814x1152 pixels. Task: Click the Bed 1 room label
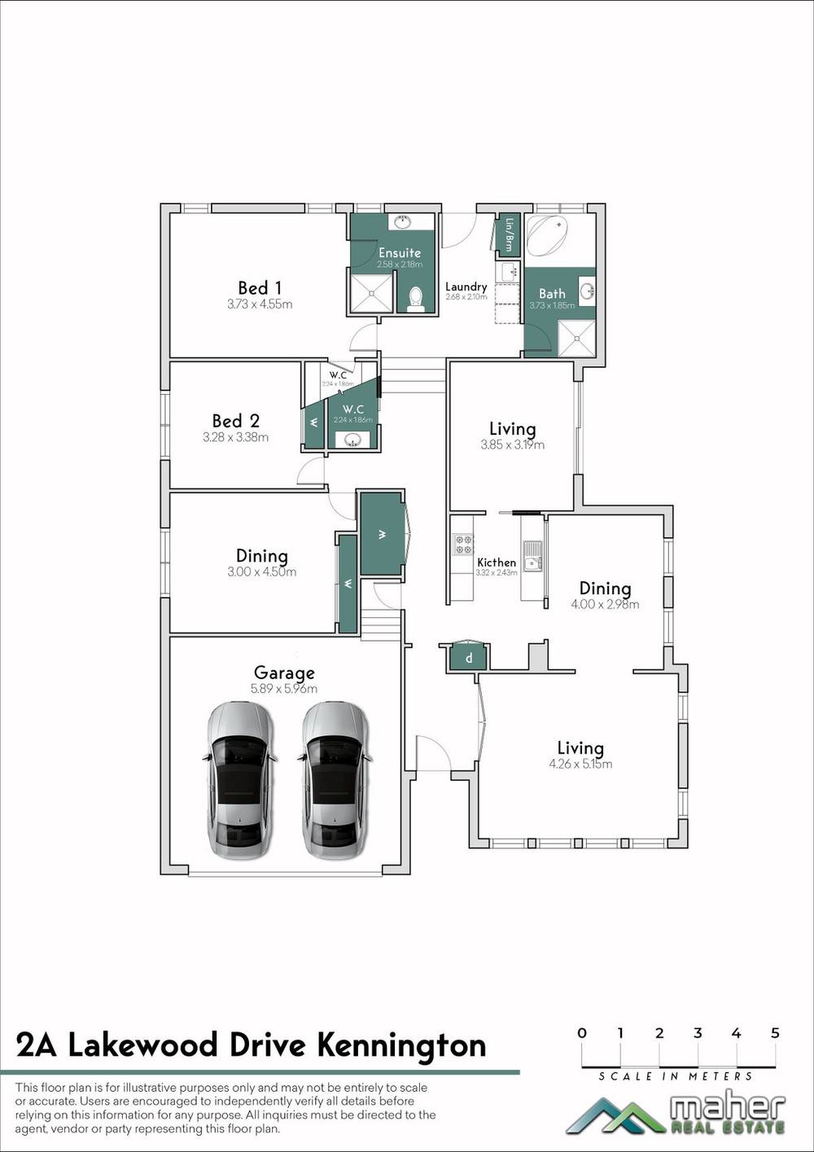(260, 288)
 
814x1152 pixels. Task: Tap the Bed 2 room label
(235, 421)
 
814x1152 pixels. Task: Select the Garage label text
(284, 673)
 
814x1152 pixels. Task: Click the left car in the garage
(239, 780)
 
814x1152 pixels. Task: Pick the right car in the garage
(335, 780)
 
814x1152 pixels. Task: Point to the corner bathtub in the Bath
(549, 235)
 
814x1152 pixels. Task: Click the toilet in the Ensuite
(416, 299)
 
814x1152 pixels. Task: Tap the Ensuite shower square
(371, 293)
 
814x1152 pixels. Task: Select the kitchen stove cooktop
(463, 544)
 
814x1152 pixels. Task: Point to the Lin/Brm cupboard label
(509, 234)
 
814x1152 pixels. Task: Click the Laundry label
(466, 287)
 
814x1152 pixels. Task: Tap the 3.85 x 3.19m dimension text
(512, 445)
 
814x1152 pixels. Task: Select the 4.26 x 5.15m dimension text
(580, 764)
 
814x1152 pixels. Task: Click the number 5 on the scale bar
(775, 1033)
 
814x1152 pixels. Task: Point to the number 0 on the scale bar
(581, 1033)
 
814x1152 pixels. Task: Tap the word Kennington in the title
(401, 1045)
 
